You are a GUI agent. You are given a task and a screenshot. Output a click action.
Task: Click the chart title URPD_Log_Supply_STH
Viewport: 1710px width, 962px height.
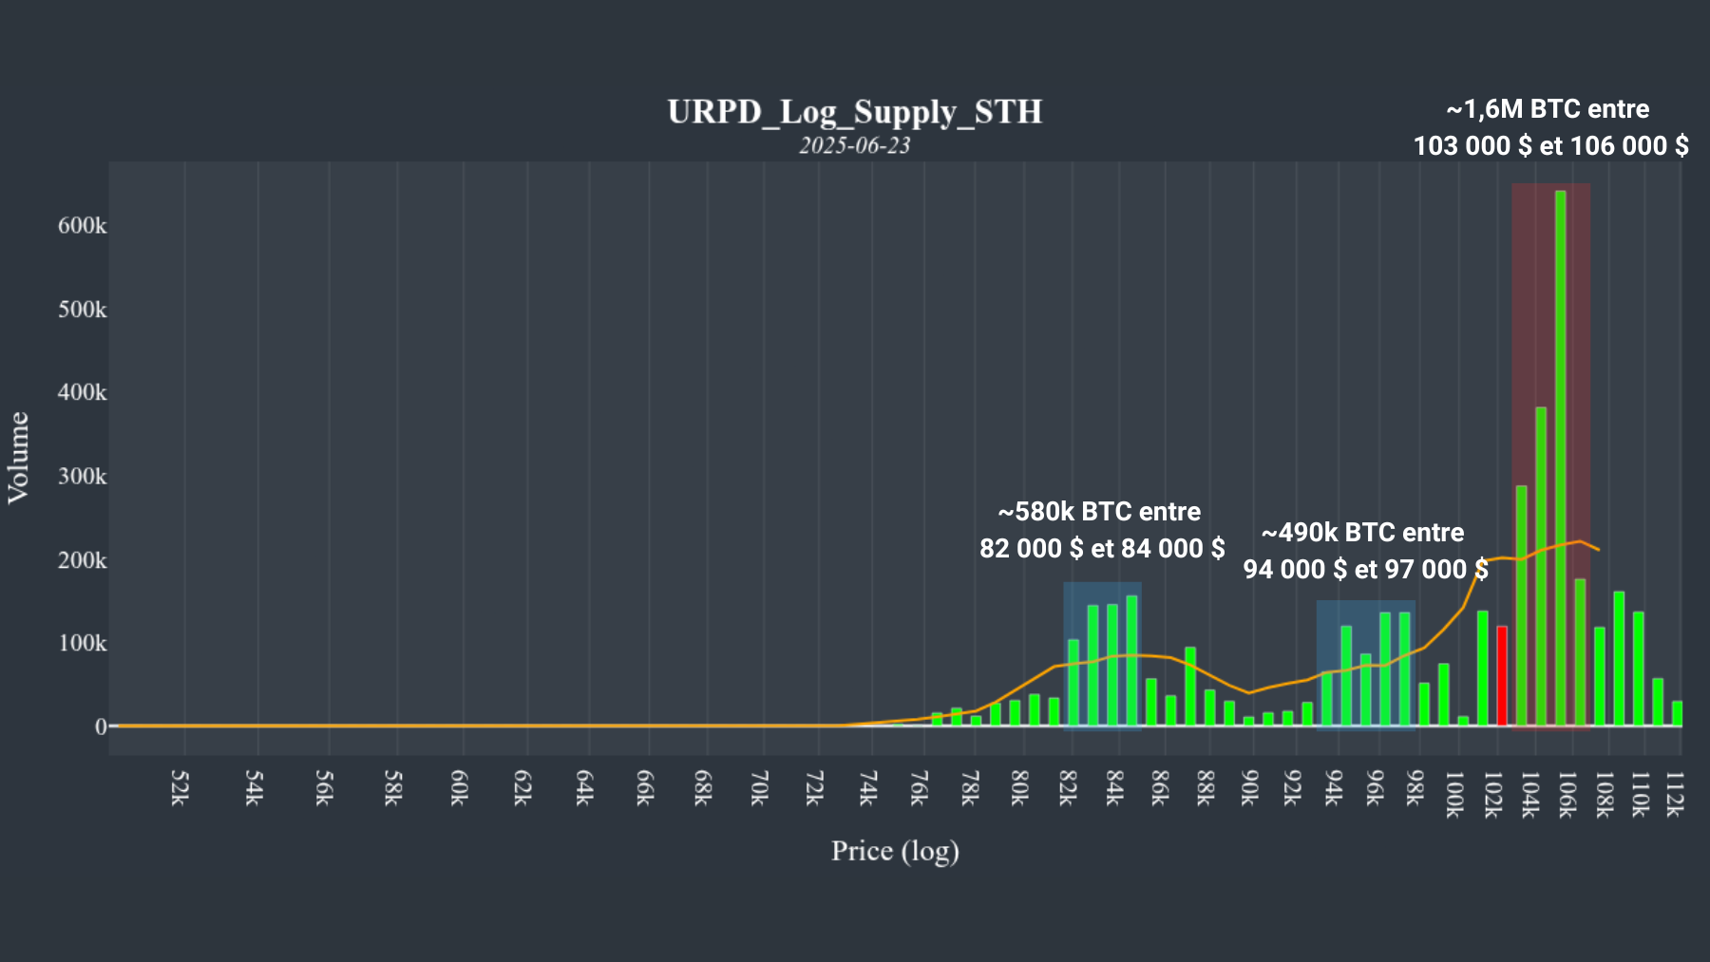point(854,112)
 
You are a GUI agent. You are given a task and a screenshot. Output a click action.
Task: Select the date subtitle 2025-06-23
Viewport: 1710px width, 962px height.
point(854,145)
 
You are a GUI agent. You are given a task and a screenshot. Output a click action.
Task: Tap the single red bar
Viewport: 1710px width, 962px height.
point(1502,675)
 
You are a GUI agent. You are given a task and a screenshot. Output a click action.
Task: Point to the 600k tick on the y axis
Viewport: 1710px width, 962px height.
point(83,226)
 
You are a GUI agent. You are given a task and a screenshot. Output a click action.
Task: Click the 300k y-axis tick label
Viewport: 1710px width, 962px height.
point(83,476)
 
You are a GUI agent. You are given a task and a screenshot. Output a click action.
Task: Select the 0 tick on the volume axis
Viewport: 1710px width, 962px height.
point(101,726)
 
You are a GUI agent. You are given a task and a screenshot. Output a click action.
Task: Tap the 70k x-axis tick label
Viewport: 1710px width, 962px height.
point(759,788)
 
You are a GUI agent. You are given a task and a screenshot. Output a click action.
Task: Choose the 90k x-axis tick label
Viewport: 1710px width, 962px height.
point(1250,788)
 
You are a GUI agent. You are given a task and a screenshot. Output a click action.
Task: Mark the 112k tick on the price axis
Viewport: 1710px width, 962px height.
point(1674,793)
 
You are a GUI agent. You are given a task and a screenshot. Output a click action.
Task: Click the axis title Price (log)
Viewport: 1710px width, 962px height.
point(895,851)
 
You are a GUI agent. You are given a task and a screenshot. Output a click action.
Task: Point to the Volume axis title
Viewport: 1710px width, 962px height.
point(19,457)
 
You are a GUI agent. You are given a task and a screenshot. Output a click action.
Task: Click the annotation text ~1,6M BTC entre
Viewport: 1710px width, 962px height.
point(1548,109)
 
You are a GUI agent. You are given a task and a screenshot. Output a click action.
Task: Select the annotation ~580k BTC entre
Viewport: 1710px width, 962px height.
point(1099,512)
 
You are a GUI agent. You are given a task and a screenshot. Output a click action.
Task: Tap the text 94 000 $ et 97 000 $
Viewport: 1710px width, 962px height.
point(1365,569)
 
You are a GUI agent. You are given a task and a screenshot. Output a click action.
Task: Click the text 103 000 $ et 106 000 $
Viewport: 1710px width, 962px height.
point(1550,145)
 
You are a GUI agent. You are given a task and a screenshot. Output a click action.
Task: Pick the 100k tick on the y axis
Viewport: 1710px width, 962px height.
point(83,643)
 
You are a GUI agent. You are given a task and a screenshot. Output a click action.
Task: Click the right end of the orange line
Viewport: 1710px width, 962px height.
point(1599,550)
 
